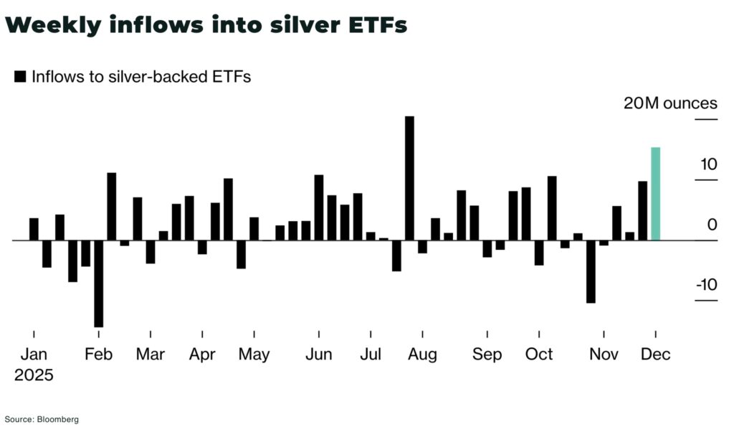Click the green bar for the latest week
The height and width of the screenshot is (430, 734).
click(655, 193)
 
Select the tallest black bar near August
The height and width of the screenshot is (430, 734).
click(409, 177)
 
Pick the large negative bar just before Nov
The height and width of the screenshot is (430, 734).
click(591, 271)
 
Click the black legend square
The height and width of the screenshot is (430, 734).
click(20, 76)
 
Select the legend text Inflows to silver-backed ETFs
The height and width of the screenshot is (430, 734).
click(140, 76)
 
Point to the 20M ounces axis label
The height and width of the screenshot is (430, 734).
click(669, 103)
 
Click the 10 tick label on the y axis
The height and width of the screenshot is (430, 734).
click(708, 164)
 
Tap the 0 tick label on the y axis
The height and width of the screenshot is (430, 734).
click(712, 224)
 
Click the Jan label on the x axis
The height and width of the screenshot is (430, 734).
click(33, 354)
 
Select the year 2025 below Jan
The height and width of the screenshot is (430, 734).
click(34, 374)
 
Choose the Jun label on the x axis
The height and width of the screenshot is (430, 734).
click(318, 354)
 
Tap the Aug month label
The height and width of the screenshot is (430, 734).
click(422, 354)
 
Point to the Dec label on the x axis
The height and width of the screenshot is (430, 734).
click(655, 354)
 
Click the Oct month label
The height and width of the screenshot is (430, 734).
click(539, 354)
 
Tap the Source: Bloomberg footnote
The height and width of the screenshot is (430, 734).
click(42, 419)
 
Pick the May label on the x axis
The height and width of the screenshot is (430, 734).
click(254, 354)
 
